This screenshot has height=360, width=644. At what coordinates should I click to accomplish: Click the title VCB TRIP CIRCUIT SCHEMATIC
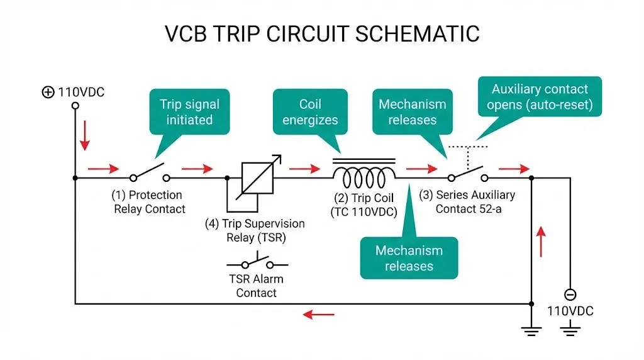click(322, 33)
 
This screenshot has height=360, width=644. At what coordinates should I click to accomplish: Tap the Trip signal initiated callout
click(189, 112)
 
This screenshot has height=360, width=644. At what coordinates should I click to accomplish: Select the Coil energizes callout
click(310, 112)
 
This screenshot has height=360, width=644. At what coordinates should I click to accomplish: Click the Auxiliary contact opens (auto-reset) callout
click(540, 97)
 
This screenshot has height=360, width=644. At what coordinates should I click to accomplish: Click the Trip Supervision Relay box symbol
click(257, 177)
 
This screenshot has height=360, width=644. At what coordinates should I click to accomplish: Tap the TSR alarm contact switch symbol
click(257, 262)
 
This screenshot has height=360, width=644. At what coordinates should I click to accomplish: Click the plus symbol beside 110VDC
click(48, 93)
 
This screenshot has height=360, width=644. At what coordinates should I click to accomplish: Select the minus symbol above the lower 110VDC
click(570, 294)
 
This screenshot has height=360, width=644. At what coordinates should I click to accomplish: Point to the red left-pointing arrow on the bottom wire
click(318, 313)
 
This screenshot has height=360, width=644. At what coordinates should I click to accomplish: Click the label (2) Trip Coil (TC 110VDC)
click(364, 205)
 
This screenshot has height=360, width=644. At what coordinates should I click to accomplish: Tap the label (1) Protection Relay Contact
click(149, 202)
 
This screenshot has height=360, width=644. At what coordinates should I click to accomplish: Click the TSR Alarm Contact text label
click(257, 286)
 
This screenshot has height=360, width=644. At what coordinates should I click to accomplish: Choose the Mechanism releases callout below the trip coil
click(409, 258)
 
